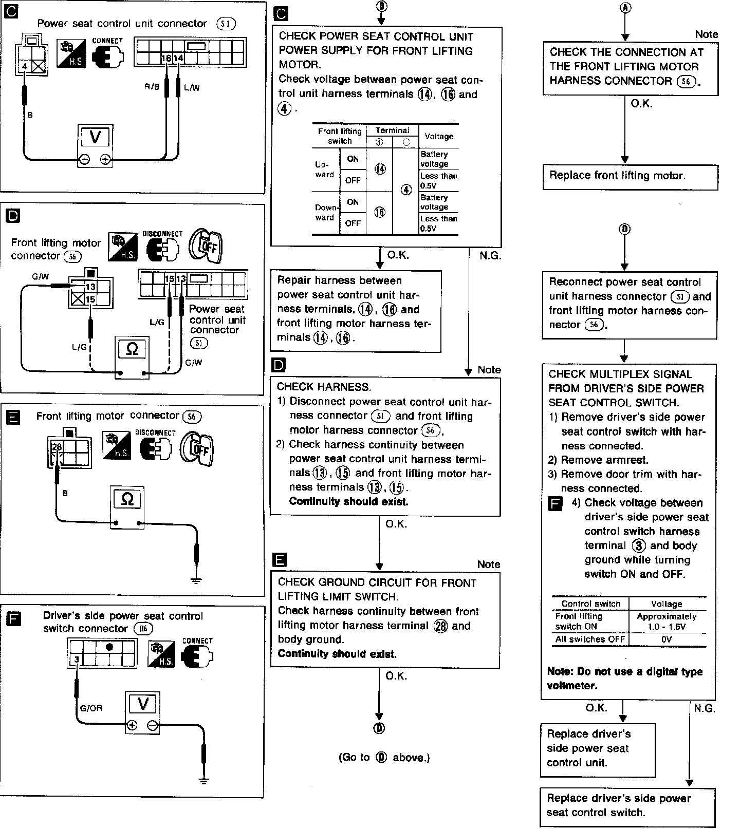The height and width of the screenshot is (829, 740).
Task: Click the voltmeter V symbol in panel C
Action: tap(96, 137)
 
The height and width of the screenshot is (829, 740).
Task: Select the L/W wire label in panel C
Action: tap(191, 88)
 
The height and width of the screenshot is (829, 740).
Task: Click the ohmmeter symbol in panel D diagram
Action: tap(132, 350)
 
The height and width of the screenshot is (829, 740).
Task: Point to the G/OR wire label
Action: tap(91, 708)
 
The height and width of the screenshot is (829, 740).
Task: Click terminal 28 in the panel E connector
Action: tap(56, 447)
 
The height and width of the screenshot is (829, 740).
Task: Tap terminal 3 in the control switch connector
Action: tap(76, 660)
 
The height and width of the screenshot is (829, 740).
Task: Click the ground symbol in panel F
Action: tap(204, 781)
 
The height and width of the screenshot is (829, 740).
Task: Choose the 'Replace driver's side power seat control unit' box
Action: tap(598, 748)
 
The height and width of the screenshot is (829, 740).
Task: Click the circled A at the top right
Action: tap(625, 7)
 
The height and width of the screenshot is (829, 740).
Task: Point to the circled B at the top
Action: tap(381, 6)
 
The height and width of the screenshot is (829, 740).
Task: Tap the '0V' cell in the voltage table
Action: tap(667, 639)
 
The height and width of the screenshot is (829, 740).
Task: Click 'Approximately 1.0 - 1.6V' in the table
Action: tap(667, 621)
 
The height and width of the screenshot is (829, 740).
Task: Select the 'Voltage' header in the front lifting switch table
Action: tap(438, 137)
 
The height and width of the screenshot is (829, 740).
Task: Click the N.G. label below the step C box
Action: tap(490, 255)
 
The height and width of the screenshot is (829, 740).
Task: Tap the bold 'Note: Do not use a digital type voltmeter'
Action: tap(625, 678)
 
